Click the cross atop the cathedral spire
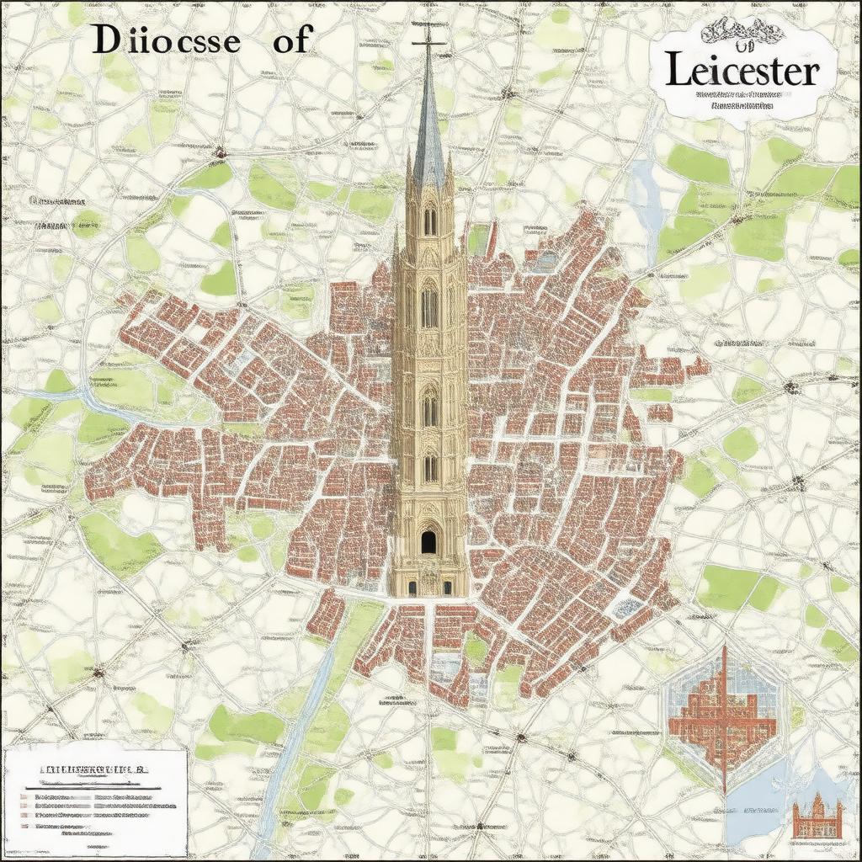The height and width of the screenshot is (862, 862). coord(428,38)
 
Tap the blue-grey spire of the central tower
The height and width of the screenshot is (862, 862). coord(429,135)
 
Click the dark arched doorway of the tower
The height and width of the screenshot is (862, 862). coord(429,541)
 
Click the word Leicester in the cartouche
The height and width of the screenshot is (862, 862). coord(741,72)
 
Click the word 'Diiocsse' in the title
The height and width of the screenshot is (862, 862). coord(165,41)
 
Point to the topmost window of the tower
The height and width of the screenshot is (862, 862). coord(429,221)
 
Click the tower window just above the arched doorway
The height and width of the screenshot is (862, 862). coord(429,467)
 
